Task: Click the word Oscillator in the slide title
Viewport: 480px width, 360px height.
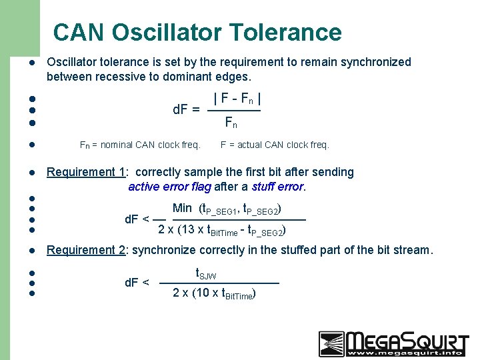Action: pos(168,32)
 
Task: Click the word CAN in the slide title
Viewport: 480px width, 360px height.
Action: pos(80,32)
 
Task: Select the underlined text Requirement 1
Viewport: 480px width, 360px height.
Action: pos(87,172)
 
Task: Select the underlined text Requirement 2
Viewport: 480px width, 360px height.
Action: pos(87,250)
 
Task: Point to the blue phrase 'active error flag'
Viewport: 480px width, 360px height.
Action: pos(169,187)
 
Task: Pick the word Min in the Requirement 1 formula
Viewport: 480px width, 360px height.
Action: pos(182,209)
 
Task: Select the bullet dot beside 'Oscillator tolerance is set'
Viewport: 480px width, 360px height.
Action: pos(31,63)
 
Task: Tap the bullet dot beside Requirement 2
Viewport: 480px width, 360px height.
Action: pos(31,251)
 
